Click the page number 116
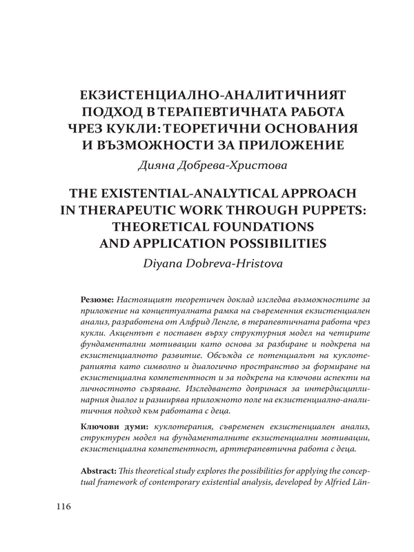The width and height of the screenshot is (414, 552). [x=61, y=508]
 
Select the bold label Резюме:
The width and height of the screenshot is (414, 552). [x=97, y=300]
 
